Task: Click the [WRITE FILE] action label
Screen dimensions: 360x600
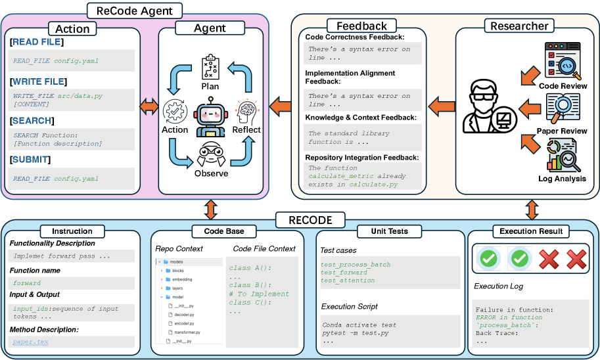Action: point(38,81)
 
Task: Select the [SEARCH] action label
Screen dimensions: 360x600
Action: point(32,121)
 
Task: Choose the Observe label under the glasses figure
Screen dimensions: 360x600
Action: point(211,173)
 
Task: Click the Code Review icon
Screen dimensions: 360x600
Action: point(562,62)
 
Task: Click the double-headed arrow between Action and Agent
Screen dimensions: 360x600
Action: point(149,105)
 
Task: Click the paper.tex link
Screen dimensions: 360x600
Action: point(26,342)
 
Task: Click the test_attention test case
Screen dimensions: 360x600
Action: point(348,281)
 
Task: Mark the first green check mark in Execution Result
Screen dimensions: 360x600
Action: point(488,259)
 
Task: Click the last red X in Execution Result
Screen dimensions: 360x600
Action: point(576,259)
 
